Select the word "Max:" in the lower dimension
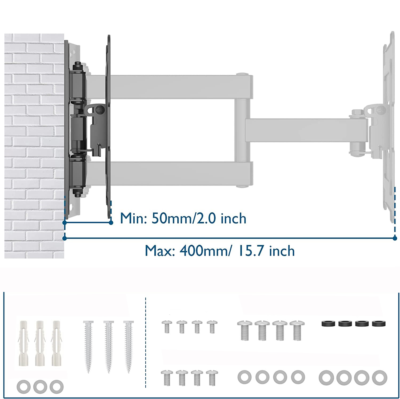point(160,251)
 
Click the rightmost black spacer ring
point(378,324)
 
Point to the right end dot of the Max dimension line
point(395,238)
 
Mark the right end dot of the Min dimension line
point(111,223)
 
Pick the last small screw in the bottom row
point(212,377)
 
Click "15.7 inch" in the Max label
point(267,251)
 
